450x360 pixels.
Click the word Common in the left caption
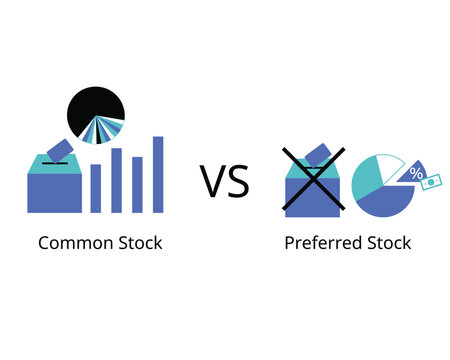click(71, 242)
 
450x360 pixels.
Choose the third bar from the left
click(137, 184)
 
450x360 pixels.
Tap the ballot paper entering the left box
click(58, 149)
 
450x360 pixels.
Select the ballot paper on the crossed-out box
click(322, 154)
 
